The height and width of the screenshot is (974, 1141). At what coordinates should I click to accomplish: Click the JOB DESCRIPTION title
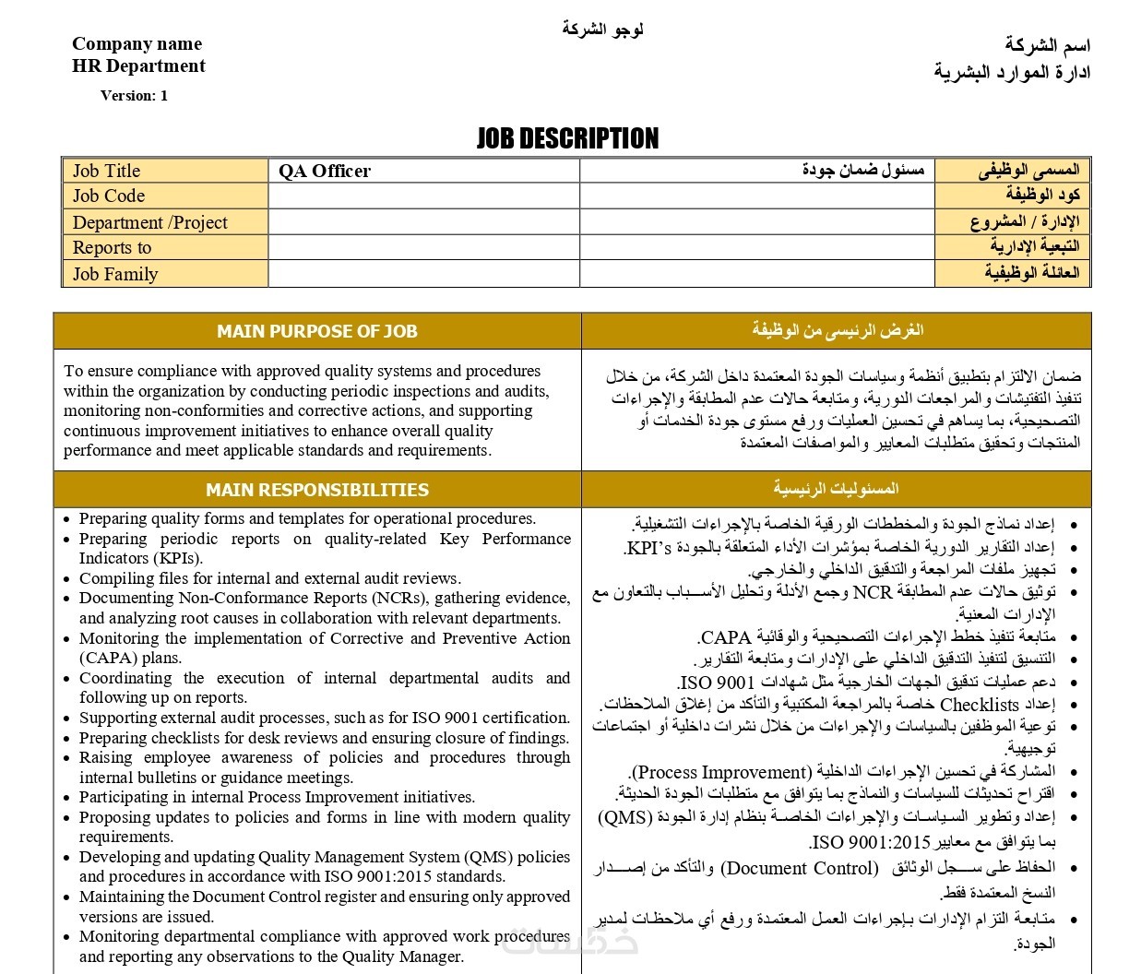click(567, 138)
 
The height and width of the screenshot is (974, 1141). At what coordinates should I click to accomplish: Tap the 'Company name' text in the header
click(137, 43)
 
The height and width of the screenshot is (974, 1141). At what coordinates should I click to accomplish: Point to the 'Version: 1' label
click(134, 95)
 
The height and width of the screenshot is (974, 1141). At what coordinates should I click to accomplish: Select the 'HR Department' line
click(138, 65)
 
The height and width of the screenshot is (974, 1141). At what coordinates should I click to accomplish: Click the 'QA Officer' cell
click(325, 171)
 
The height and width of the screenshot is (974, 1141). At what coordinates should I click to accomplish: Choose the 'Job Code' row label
click(109, 196)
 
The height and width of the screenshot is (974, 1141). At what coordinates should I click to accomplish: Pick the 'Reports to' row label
click(112, 247)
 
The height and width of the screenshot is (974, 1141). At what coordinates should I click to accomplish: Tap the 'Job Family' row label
click(115, 274)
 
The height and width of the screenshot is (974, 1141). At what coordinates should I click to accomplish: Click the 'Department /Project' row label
click(149, 222)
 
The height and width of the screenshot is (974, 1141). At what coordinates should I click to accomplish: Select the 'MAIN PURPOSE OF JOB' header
click(316, 331)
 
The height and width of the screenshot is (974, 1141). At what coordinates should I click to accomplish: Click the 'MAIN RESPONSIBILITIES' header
click(316, 490)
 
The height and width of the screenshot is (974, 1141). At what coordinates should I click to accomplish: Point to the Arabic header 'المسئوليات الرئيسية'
click(836, 489)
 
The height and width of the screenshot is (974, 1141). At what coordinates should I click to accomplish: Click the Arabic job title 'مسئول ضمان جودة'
click(863, 171)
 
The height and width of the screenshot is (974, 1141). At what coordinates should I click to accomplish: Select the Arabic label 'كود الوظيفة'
click(1042, 196)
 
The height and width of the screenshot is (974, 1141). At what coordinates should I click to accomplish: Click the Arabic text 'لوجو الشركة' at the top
click(602, 29)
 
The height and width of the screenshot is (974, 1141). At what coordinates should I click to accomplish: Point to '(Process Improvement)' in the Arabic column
click(720, 772)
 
